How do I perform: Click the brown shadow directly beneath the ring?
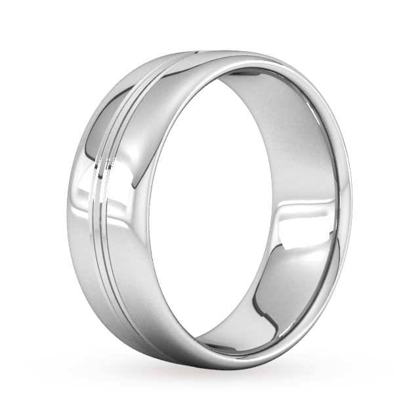coord(217,381)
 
